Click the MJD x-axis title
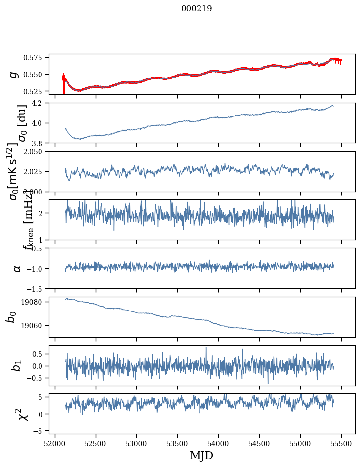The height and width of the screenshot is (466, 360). pos(201,455)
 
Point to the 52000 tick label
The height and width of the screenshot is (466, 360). pos(55,443)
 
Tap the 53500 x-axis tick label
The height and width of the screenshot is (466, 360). pos(178,443)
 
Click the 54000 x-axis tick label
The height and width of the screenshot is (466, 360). pos(219,443)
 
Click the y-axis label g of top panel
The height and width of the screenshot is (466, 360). pos(14,74)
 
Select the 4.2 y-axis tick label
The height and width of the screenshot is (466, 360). pos(40,103)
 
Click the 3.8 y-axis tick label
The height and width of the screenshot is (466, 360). pos(40,143)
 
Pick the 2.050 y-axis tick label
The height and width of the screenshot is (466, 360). pos(36,152)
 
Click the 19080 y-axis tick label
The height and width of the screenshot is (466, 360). pos(36,302)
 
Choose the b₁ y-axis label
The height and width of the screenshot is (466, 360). pos(16,365)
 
